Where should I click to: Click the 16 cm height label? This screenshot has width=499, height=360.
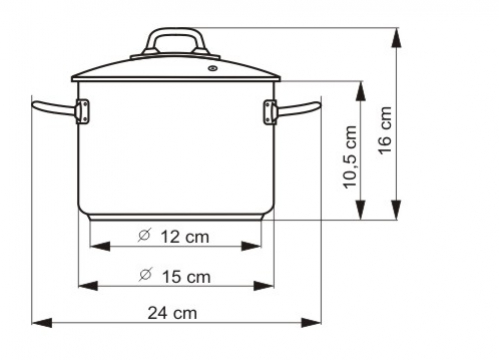[x=385, y=130]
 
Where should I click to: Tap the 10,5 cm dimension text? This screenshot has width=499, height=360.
[x=350, y=157]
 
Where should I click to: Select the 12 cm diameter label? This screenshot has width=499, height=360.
[x=185, y=237]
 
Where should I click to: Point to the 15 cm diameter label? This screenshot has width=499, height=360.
[x=186, y=277]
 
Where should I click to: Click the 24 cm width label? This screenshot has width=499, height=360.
[x=172, y=313]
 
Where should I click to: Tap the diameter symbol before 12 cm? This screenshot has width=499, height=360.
[x=144, y=235]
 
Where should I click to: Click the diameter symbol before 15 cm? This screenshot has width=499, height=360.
[x=145, y=275]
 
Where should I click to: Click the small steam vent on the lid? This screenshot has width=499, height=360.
[x=212, y=68]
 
